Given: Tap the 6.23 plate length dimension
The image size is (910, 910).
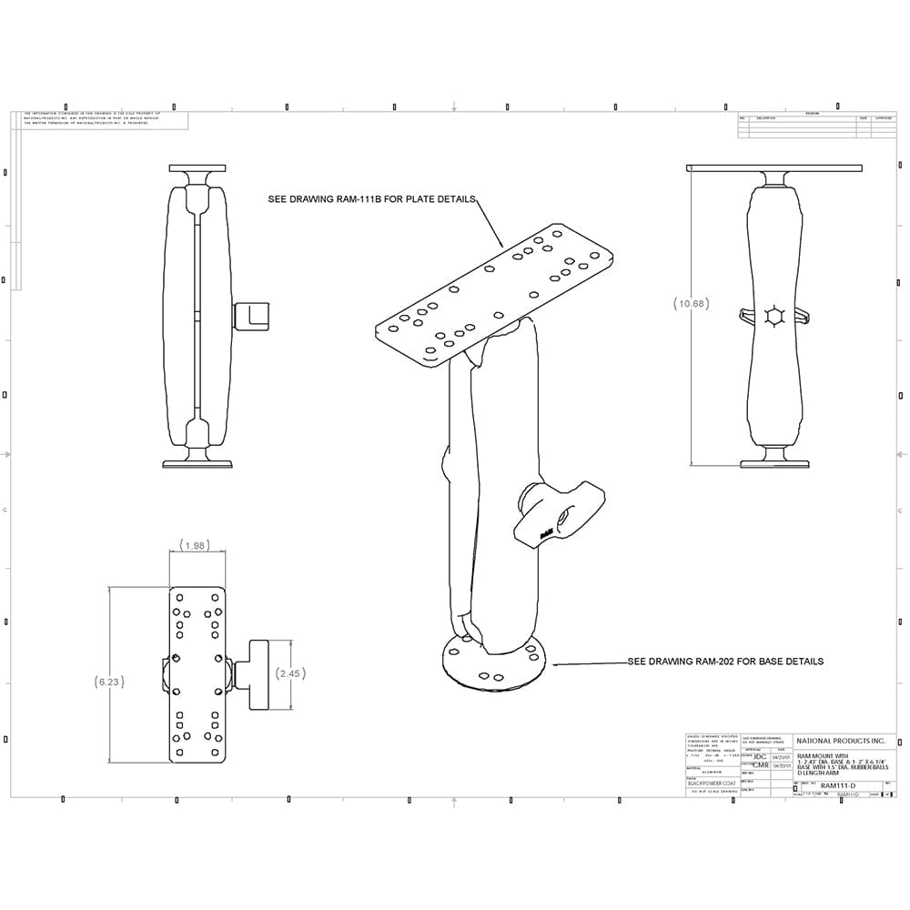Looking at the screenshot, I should [109, 681].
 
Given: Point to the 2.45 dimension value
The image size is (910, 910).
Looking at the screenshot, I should [289, 673].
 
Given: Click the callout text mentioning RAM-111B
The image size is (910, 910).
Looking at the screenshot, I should [371, 199].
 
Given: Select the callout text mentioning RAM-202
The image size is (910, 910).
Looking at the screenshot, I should [725, 662].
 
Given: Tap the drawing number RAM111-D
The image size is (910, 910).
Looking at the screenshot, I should [839, 784].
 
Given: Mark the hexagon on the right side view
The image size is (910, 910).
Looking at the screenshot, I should [775, 316].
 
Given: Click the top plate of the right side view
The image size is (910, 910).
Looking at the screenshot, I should [773, 168].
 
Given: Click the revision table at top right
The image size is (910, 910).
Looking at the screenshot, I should [816, 125].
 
